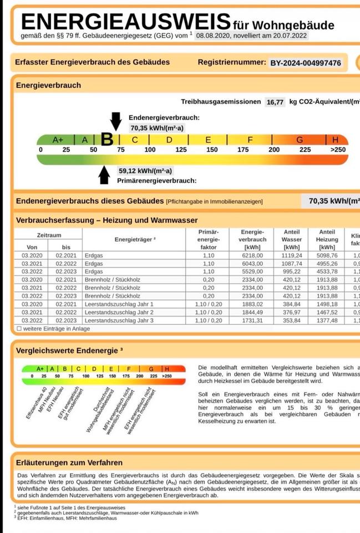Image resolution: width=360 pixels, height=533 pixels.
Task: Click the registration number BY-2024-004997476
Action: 306,63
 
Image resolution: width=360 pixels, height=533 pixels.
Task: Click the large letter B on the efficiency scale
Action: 107,140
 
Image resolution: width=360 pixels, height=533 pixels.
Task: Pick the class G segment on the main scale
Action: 300,140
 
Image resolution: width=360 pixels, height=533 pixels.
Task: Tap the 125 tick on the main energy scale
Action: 181,150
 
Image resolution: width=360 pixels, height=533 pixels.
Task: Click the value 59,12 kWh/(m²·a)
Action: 145,171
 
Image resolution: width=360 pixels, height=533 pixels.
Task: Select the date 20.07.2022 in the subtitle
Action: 285,36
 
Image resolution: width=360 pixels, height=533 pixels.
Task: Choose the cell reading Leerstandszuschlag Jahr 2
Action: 119,313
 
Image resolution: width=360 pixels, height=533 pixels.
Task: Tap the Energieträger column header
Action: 135,239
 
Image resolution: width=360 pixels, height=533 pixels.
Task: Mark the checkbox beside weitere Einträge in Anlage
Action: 19,329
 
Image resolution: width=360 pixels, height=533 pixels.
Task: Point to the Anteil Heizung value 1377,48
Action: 327,321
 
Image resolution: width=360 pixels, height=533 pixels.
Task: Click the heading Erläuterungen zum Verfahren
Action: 69,462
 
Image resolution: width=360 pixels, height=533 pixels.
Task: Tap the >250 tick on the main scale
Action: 337,150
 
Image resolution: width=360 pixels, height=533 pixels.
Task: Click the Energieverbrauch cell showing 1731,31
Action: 252,321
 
